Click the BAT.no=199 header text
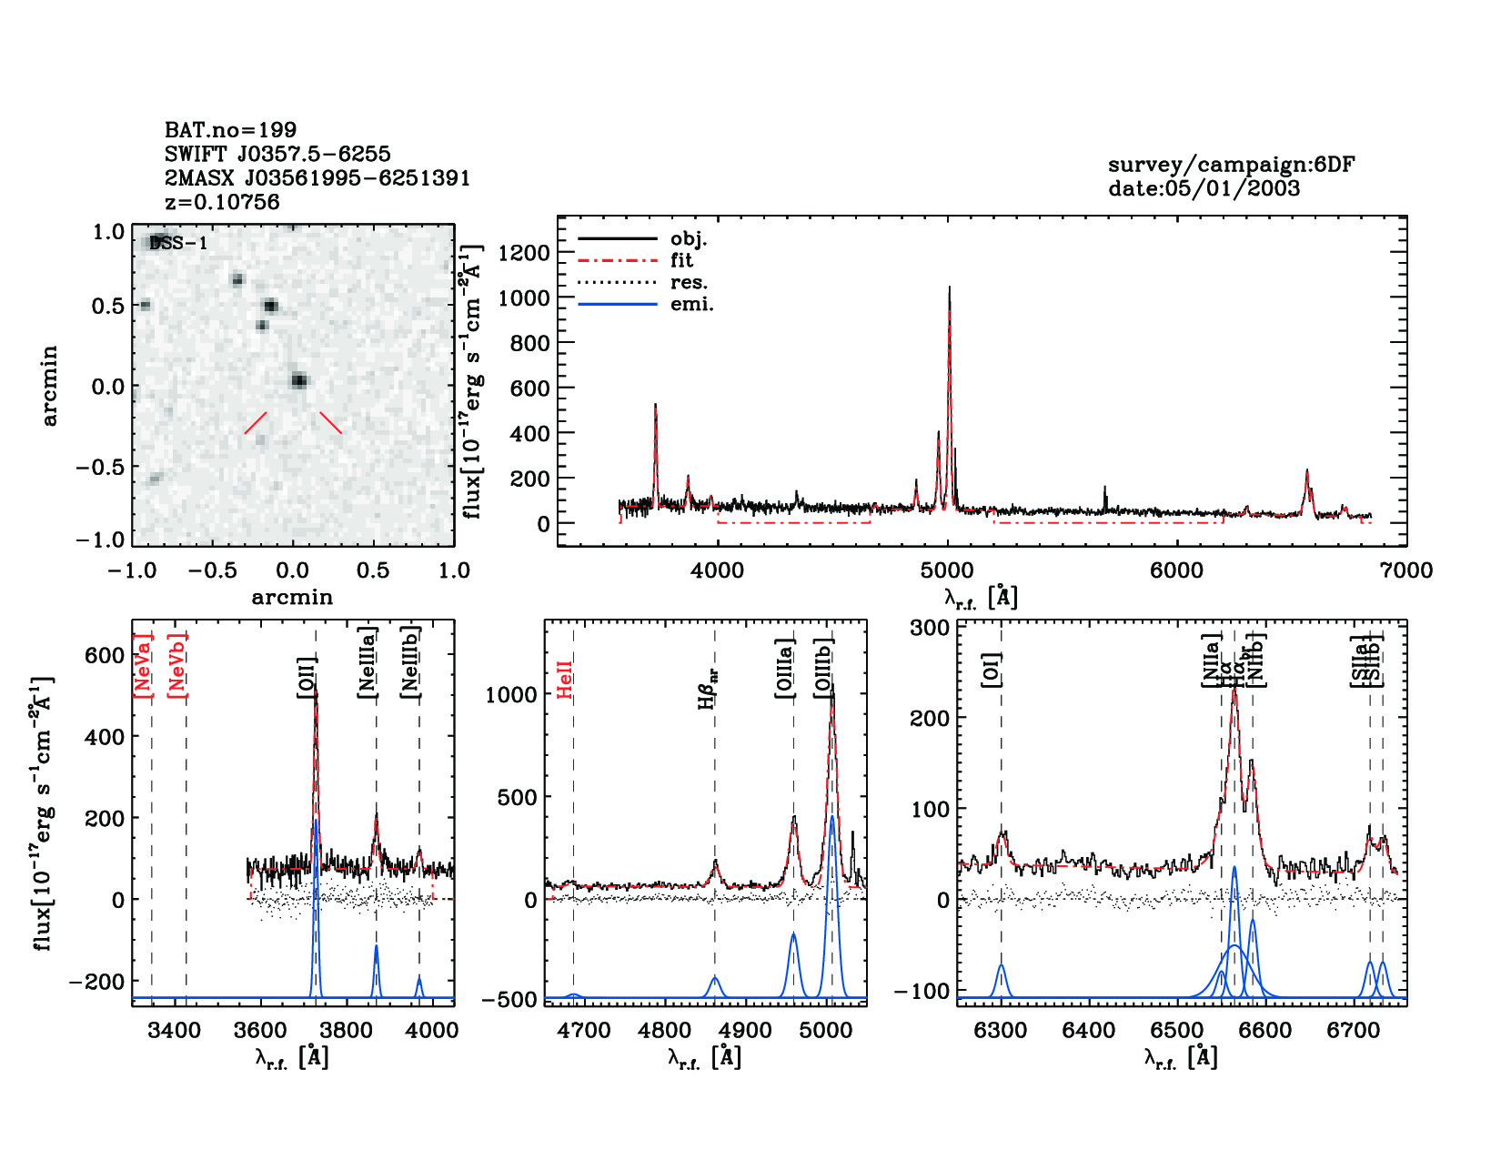pos(230,130)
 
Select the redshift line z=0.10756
pos(222,202)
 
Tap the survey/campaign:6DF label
pos(1231,165)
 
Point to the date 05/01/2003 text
pos(1204,188)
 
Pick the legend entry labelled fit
pos(681,260)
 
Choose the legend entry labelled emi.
pos(691,304)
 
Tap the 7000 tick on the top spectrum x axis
pos(1406,570)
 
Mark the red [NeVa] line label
pos(143,666)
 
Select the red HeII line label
pos(565,680)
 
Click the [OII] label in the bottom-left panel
pos(307,677)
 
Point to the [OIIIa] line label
pos(784,669)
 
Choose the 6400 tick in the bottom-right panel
pos(1089,1030)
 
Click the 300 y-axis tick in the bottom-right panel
pos(929,627)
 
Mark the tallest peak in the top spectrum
pos(949,289)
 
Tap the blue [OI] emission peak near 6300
pos(1001,966)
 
